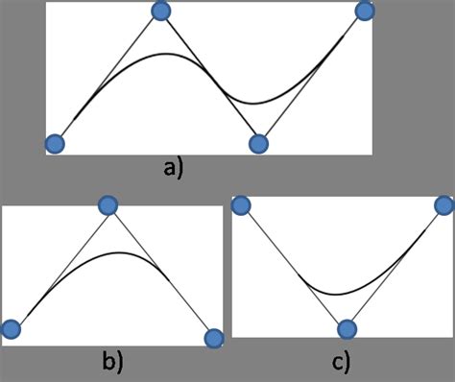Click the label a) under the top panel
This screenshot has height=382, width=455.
(x=174, y=169)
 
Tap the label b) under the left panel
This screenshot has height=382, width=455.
(x=113, y=362)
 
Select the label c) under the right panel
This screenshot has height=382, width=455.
(x=341, y=362)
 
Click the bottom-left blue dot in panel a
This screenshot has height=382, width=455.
(x=56, y=144)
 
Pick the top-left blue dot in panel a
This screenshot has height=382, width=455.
(x=161, y=12)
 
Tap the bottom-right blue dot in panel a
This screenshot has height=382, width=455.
(x=257, y=144)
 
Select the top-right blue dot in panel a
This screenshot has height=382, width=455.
(x=364, y=12)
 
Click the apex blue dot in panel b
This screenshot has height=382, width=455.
(x=108, y=204)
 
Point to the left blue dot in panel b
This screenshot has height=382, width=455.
(x=12, y=329)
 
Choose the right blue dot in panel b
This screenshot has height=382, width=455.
(x=214, y=337)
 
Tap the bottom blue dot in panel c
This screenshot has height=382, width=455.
(x=347, y=329)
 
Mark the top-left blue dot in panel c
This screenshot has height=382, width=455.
(x=241, y=204)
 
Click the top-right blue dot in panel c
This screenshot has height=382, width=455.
(x=443, y=204)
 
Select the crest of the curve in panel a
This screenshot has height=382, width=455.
(x=165, y=53)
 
